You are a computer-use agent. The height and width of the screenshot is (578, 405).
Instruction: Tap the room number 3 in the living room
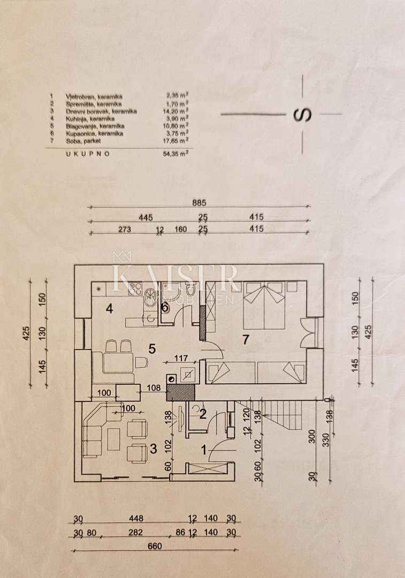click(154, 448)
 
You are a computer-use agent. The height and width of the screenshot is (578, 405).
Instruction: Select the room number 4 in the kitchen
click(109, 308)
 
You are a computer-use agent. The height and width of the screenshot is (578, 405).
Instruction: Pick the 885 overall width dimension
click(200, 203)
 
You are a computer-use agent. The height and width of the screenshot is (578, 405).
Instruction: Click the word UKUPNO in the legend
click(88, 153)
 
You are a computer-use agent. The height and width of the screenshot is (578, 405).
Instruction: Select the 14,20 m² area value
click(178, 111)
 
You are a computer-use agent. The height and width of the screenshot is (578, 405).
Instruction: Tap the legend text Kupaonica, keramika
click(95, 133)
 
